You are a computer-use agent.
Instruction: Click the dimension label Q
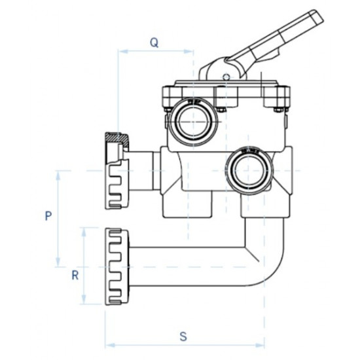(154, 42)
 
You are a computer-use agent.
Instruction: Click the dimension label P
(48, 216)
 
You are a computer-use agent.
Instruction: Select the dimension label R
(75, 275)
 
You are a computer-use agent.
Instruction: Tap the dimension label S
(184, 336)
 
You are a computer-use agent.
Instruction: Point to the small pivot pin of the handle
(226, 77)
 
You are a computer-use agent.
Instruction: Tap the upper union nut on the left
(117, 171)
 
